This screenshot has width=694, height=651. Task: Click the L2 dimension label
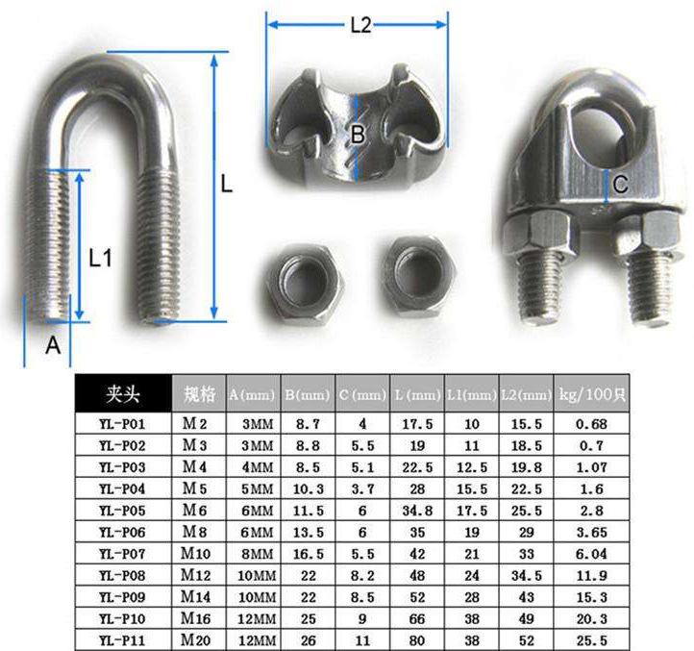[360, 25]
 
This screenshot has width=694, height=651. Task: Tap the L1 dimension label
[101, 258]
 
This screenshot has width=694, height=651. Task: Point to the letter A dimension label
[53, 345]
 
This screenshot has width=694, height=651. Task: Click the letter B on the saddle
[358, 134]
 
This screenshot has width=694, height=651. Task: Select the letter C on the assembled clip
[621, 184]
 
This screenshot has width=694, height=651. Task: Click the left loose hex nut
[304, 282]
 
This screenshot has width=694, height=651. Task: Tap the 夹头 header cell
[123, 393]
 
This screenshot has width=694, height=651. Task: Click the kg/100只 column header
[592, 393]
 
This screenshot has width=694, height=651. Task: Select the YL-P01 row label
[122, 424]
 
